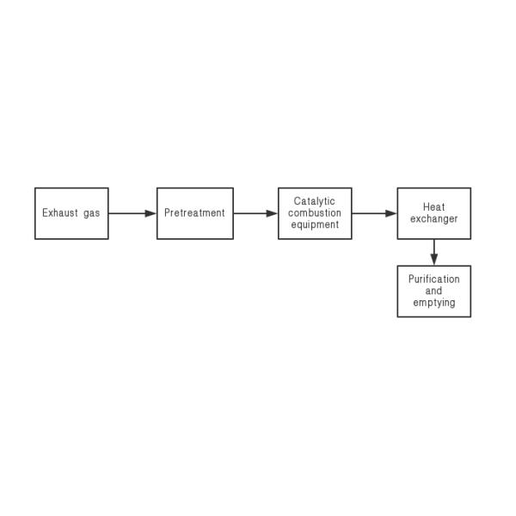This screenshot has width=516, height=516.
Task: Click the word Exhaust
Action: coord(60,213)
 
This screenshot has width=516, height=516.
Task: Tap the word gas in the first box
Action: coord(91,214)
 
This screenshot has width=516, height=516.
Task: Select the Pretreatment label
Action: coord(194,213)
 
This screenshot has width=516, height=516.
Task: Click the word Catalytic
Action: coord(314,202)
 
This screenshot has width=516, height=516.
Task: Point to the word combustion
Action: coord(315,213)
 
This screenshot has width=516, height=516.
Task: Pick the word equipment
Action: coord(315,225)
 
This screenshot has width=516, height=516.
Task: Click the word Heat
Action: coord(433,207)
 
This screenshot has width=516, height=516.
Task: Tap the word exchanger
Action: coord(433,219)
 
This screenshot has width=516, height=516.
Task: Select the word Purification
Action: coord(434,279)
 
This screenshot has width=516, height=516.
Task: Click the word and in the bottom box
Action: coord(433,291)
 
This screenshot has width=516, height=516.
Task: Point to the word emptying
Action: coord(434,303)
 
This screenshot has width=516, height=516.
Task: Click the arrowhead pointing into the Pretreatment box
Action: coord(150,213)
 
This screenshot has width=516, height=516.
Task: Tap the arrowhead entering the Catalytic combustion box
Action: coord(272,213)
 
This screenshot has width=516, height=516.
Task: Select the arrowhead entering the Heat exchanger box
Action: coord(391,213)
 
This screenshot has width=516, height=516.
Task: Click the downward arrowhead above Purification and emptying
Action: coord(434,260)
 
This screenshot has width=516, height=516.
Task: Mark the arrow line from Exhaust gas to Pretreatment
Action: coord(132,213)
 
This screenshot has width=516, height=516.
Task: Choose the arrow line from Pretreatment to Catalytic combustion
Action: coord(255,213)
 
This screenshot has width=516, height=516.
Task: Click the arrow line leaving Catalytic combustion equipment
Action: coord(374,213)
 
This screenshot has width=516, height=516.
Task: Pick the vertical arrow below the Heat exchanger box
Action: coord(434,252)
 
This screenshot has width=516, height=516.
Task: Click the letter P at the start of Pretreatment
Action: coord(167,213)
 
